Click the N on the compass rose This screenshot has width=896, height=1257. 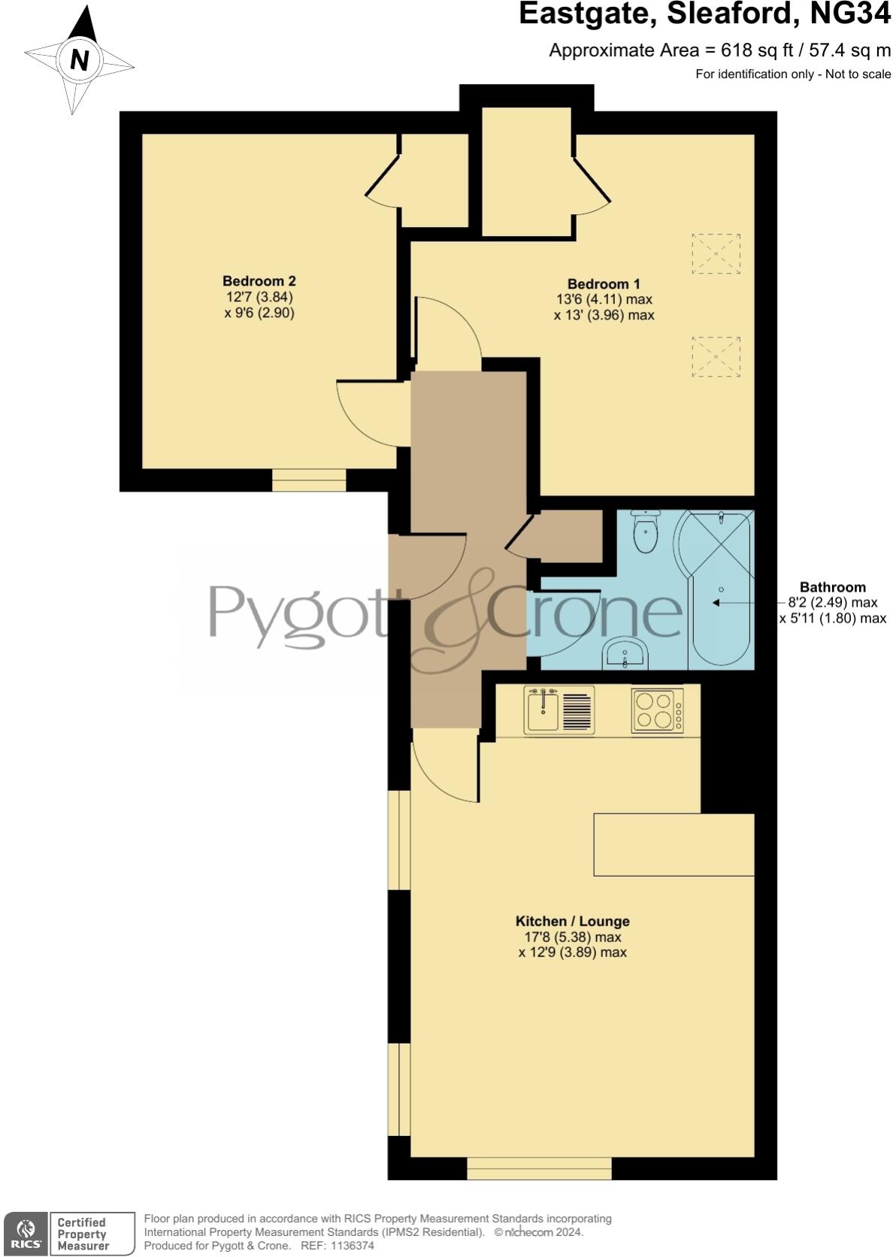point(80,59)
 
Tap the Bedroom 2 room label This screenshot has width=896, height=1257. point(259,281)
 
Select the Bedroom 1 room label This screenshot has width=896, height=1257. point(604,284)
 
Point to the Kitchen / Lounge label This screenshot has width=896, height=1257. point(572,921)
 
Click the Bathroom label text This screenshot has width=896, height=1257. point(832,587)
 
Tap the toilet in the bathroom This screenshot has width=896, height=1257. point(645,533)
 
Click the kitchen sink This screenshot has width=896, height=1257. point(542,710)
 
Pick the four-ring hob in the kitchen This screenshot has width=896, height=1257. point(653,710)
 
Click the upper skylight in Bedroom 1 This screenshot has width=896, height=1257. point(715,253)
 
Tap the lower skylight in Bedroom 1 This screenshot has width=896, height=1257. point(715,356)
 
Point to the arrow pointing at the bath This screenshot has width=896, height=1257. point(717,603)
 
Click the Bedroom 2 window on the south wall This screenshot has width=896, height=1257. point(309,480)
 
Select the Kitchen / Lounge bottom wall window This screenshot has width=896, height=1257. point(539,1168)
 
